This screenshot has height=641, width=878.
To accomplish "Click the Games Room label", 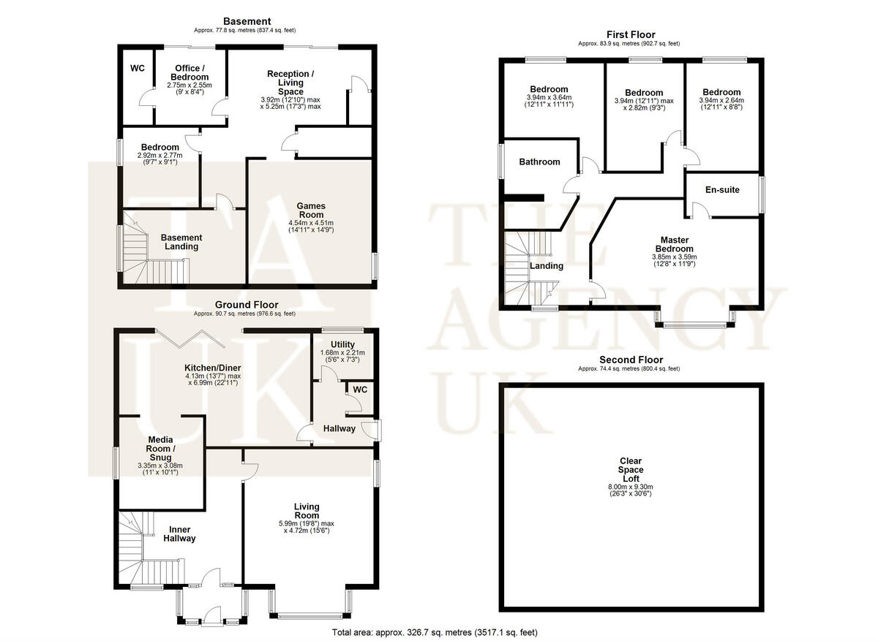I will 310,210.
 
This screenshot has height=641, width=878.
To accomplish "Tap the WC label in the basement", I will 137,69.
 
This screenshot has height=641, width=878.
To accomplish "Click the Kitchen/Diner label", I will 213,368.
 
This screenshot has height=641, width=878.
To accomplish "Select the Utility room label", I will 342,345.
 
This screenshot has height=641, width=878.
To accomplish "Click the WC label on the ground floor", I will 359,390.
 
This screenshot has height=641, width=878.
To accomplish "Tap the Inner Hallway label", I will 182,534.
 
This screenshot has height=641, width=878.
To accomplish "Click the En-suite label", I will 722,190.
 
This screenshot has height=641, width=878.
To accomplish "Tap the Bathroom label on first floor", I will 539,162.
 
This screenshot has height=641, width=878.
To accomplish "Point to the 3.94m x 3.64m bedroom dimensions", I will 549,101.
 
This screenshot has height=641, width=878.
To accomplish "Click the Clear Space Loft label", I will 630,469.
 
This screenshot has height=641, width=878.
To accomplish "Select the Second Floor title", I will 631,360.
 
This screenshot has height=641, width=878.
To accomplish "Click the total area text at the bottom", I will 438,632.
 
